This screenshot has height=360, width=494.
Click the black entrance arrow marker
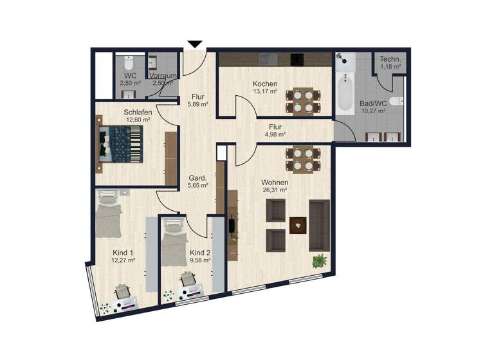(195, 44)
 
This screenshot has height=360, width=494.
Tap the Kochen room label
(265, 84)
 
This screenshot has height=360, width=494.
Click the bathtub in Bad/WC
(347, 93)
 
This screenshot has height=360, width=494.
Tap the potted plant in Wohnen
(319, 261)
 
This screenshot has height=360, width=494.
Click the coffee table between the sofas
(298, 225)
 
